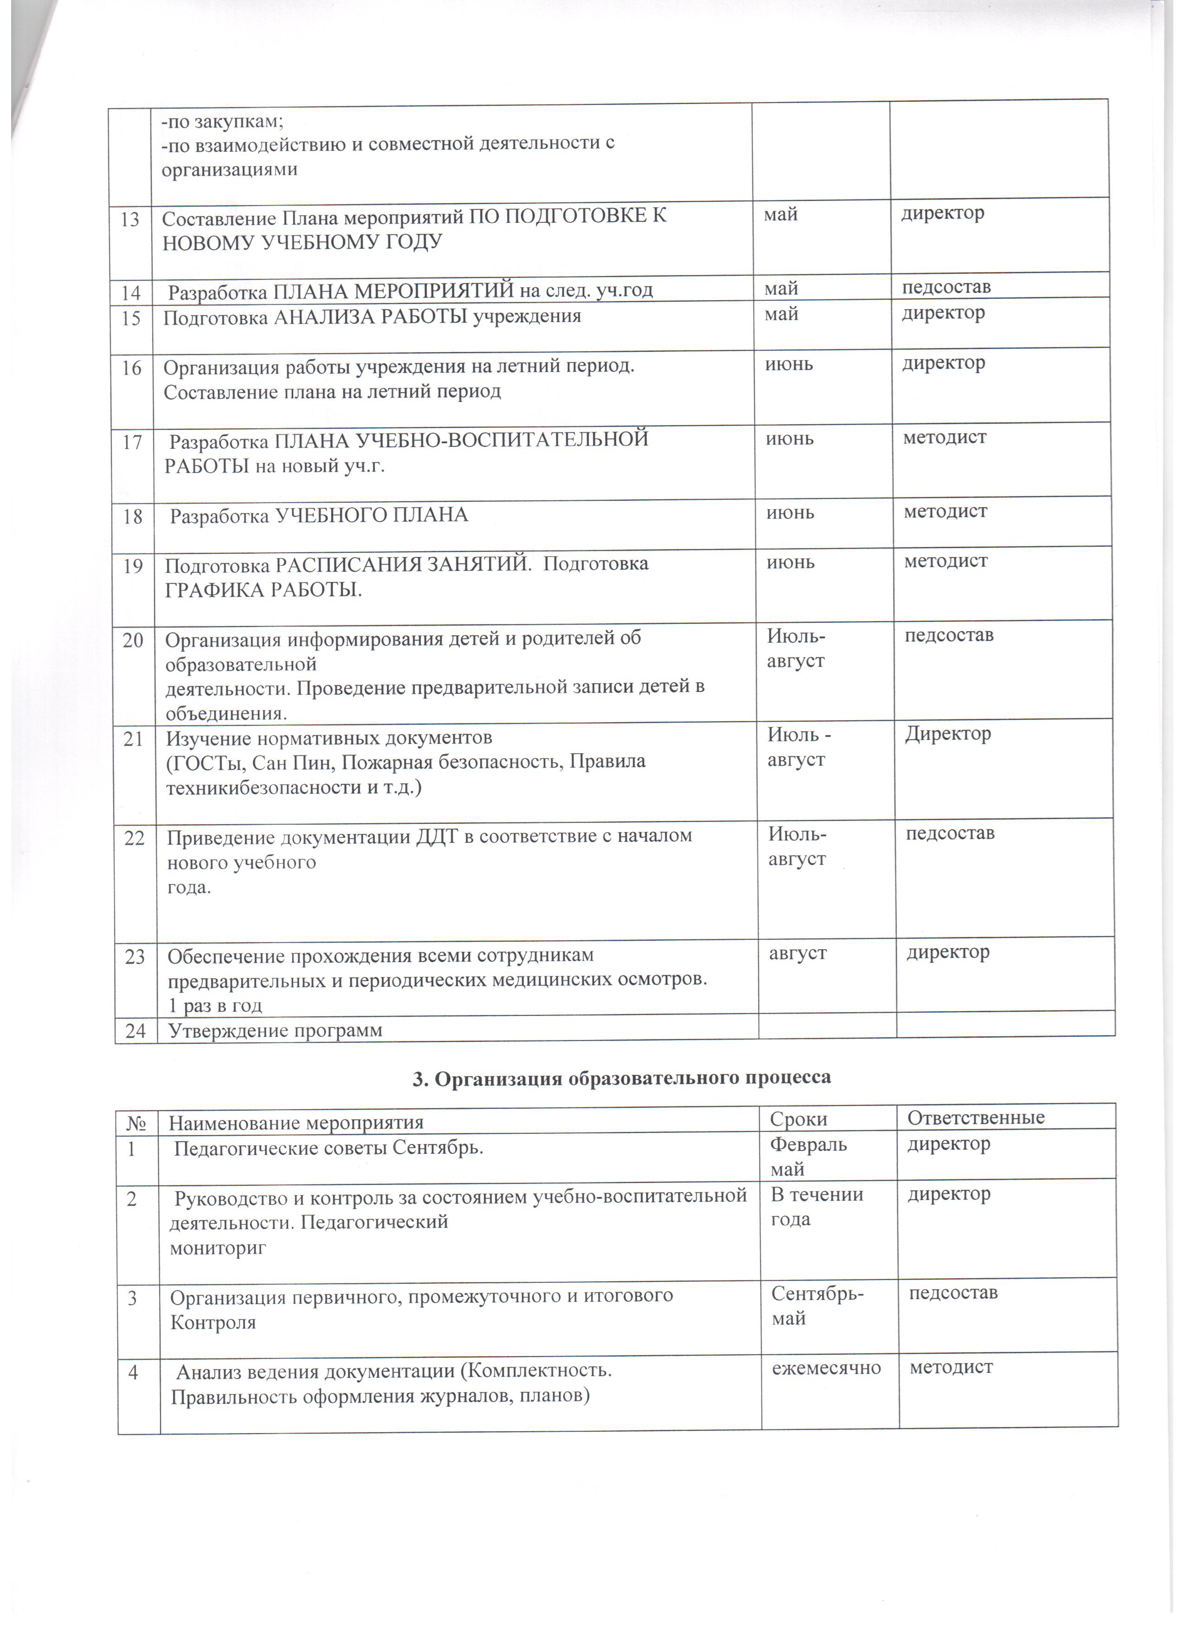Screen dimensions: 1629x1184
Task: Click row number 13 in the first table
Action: pos(130,219)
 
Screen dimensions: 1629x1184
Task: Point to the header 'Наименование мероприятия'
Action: pos(296,1121)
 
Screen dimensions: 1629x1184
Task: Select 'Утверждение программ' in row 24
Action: pos(275,1031)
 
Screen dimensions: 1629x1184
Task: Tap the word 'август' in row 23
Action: pos(798,953)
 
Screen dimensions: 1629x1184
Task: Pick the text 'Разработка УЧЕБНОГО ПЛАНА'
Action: pos(319,515)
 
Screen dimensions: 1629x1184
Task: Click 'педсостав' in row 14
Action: pos(946,287)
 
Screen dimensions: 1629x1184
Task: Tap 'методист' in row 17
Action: pos(945,437)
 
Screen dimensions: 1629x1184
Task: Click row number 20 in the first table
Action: pos(133,639)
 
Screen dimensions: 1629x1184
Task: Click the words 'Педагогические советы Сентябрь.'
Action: pos(329,1148)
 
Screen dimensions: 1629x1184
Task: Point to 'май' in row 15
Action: pos(781,314)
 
